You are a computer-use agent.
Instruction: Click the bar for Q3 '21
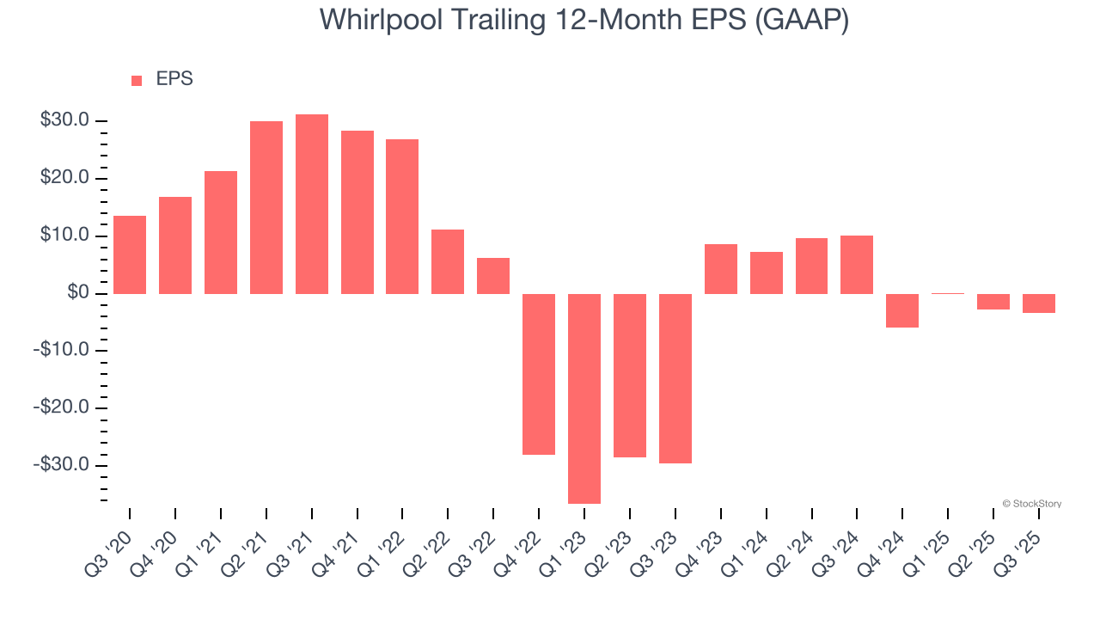(312, 204)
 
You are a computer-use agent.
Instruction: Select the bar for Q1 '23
(584, 398)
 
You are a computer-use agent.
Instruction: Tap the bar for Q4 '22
(539, 374)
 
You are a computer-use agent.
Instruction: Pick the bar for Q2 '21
(266, 207)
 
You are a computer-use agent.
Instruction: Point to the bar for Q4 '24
(902, 310)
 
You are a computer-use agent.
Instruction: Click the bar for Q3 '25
(1038, 303)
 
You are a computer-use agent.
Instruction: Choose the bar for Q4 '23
(720, 269)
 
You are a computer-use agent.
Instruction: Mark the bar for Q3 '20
(130, 254)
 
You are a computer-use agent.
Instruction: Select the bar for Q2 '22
(448, 261)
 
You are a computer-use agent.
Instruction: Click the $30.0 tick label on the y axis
(64, 120)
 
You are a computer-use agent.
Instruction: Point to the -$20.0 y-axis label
(63, 408)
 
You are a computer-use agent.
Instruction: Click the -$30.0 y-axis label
(63, 465)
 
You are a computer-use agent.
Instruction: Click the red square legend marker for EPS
(137, 80)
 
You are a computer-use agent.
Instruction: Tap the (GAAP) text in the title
(801, 20)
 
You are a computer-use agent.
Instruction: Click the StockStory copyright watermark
(1031, 504)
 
